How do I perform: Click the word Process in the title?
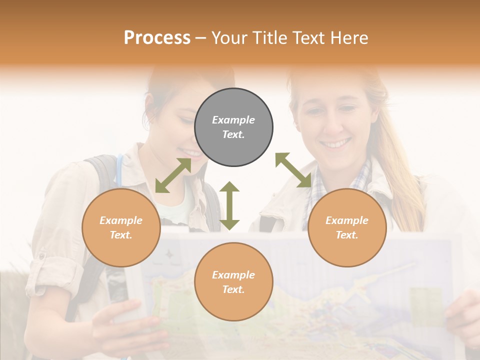click(x=157, y=38)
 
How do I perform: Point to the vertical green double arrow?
click(x=229, y=205)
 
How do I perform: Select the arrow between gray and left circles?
click(x=173, y=175)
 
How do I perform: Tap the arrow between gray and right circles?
click(x=293, y=170)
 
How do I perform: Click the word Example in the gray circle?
click(x=233, y=120)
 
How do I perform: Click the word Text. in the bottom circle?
click(x=233, y=289)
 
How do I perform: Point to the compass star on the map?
click(x=170, y=254)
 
